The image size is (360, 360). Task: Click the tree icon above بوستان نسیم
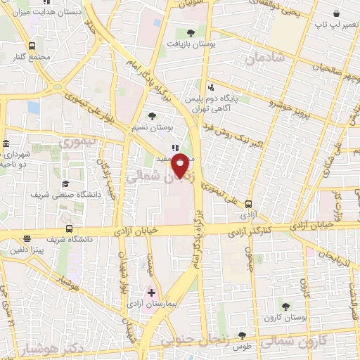point(153,116)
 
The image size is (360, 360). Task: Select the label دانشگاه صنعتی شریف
point(67,193)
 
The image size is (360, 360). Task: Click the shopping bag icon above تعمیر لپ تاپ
point(337,13)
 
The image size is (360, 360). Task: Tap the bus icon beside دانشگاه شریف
point(68,229)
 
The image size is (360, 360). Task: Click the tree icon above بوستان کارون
point(285,306)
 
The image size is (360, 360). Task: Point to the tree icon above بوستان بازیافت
point(191,32)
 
